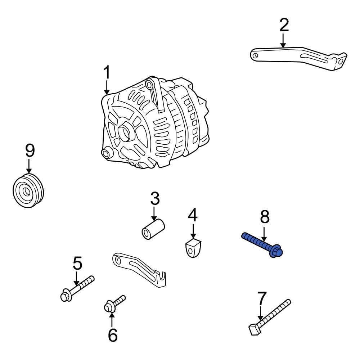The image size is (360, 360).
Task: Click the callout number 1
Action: (107, 73)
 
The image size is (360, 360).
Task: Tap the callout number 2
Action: (284, 25)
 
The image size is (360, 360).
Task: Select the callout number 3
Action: (154, 199)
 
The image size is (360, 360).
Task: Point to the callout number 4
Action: (193, 216)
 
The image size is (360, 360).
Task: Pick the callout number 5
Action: (77, 264)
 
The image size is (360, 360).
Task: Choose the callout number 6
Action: (113, 335)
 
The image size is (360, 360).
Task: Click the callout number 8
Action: (265, 217)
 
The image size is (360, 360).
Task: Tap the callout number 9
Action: (30, 150)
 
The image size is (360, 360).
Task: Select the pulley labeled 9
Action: (28, 191)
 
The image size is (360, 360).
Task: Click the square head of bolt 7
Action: (255, 329)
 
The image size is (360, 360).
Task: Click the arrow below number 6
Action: (112, 319)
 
